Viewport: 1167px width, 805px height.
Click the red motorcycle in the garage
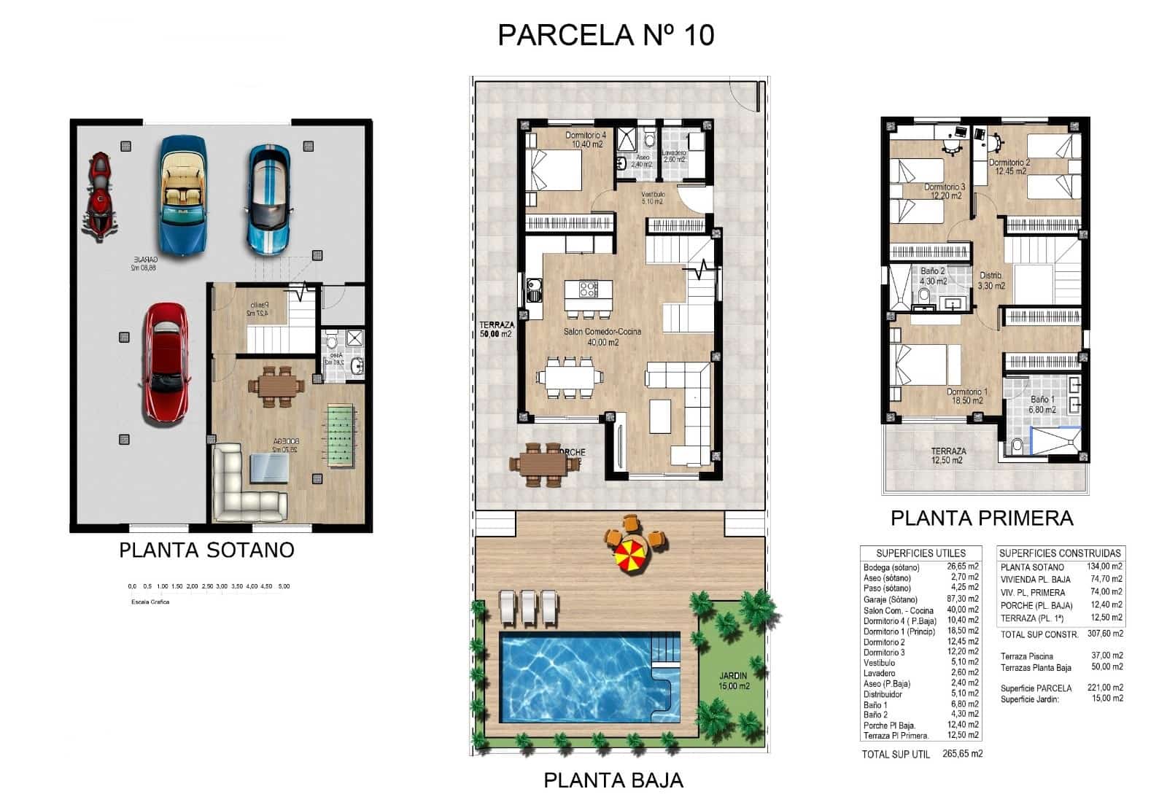tap(100, 195)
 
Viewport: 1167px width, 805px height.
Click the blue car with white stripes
tap(268, 199)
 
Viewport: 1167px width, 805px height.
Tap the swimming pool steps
tap(664, 649)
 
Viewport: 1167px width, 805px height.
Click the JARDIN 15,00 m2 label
tap(734, 681)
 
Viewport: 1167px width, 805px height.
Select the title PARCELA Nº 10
tap(605, 35)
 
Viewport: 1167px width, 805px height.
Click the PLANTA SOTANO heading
tap(206, 550)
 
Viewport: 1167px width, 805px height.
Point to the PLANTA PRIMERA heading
tap(982, 518)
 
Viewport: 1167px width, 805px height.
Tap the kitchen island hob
tap(588, 289)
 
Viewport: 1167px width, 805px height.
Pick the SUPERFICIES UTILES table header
tap(920, 553)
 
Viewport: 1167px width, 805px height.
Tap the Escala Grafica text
tap(150, 602)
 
